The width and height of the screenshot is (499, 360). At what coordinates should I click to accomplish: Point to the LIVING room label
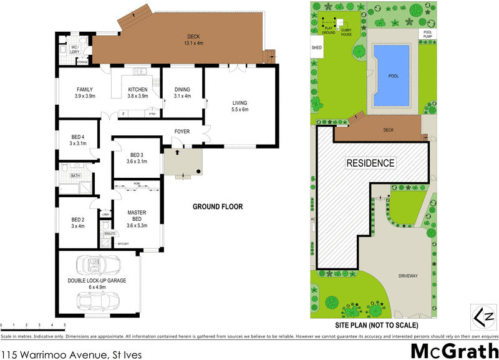240,103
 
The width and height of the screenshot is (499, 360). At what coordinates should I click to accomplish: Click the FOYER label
182,132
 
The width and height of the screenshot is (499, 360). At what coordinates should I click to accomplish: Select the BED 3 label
137,155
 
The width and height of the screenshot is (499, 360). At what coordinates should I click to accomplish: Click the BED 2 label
77,220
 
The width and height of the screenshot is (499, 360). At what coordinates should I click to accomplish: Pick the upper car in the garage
94,265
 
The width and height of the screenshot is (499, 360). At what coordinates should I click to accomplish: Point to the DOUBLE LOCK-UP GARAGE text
97,281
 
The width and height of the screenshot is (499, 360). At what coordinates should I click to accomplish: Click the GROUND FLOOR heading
217,207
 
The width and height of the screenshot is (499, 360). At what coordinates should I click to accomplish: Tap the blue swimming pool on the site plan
392,75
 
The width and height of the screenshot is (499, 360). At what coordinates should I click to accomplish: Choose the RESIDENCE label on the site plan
371,163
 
